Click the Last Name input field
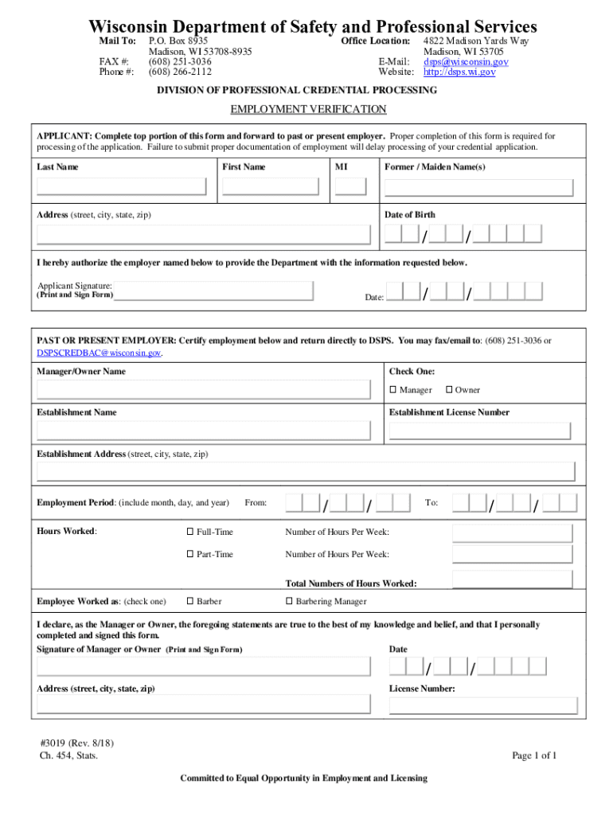122,187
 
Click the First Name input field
275,187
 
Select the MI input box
351,187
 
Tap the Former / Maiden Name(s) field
478,188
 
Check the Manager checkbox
393,390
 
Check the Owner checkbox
449,390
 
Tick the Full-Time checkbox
190,532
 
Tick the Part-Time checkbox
190,554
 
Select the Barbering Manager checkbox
289,602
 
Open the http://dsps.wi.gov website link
459,72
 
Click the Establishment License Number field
478,431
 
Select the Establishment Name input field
204,431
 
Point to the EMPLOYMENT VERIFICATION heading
308,109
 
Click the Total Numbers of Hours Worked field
512,578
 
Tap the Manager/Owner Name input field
204,389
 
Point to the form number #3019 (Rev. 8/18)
76,743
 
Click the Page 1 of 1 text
534,755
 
